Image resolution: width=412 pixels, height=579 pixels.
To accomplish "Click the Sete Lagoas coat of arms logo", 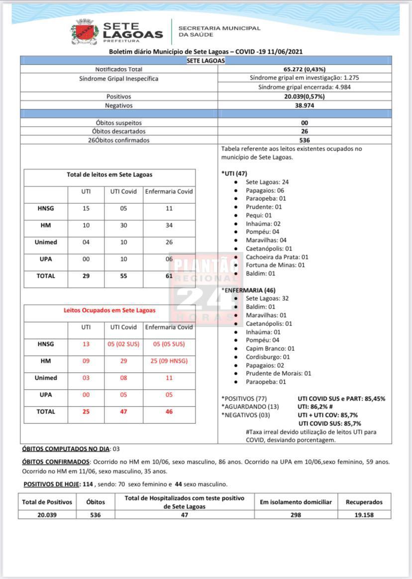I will pos(85,32).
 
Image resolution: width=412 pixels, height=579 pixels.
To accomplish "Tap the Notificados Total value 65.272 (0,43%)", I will pos(304,70).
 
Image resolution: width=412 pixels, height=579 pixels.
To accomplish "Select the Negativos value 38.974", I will pos(304,105).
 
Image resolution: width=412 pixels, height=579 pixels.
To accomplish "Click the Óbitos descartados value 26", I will pos(304,131).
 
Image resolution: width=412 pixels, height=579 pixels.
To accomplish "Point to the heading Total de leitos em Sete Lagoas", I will pos(109,175).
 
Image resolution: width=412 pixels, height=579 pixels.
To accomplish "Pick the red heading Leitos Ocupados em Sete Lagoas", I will pos(109,310).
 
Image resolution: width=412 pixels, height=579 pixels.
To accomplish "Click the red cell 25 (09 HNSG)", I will pos(169,361).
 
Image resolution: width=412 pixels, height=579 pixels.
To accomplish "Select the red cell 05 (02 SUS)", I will pos(123,344).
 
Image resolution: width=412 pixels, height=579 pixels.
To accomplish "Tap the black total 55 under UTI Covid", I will pos(123,276).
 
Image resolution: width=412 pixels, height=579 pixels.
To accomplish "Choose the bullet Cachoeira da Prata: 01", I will pos(277,257).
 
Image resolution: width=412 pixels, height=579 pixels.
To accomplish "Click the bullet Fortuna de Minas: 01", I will pos(275,265).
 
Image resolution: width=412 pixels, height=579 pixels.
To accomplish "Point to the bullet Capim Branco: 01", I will pos(270,348).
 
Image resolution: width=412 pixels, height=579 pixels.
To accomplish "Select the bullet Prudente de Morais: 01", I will pos(278,373).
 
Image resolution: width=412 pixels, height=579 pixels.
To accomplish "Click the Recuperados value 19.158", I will pos(364,515).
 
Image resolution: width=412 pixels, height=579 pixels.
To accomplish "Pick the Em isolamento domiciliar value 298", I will pos(296,515).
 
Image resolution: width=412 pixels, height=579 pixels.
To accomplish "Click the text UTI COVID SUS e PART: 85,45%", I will pos(341,399).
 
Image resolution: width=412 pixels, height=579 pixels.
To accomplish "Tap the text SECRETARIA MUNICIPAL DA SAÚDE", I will pos(219,31).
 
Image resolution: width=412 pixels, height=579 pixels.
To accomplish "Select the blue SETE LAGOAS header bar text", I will pos(206,61).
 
